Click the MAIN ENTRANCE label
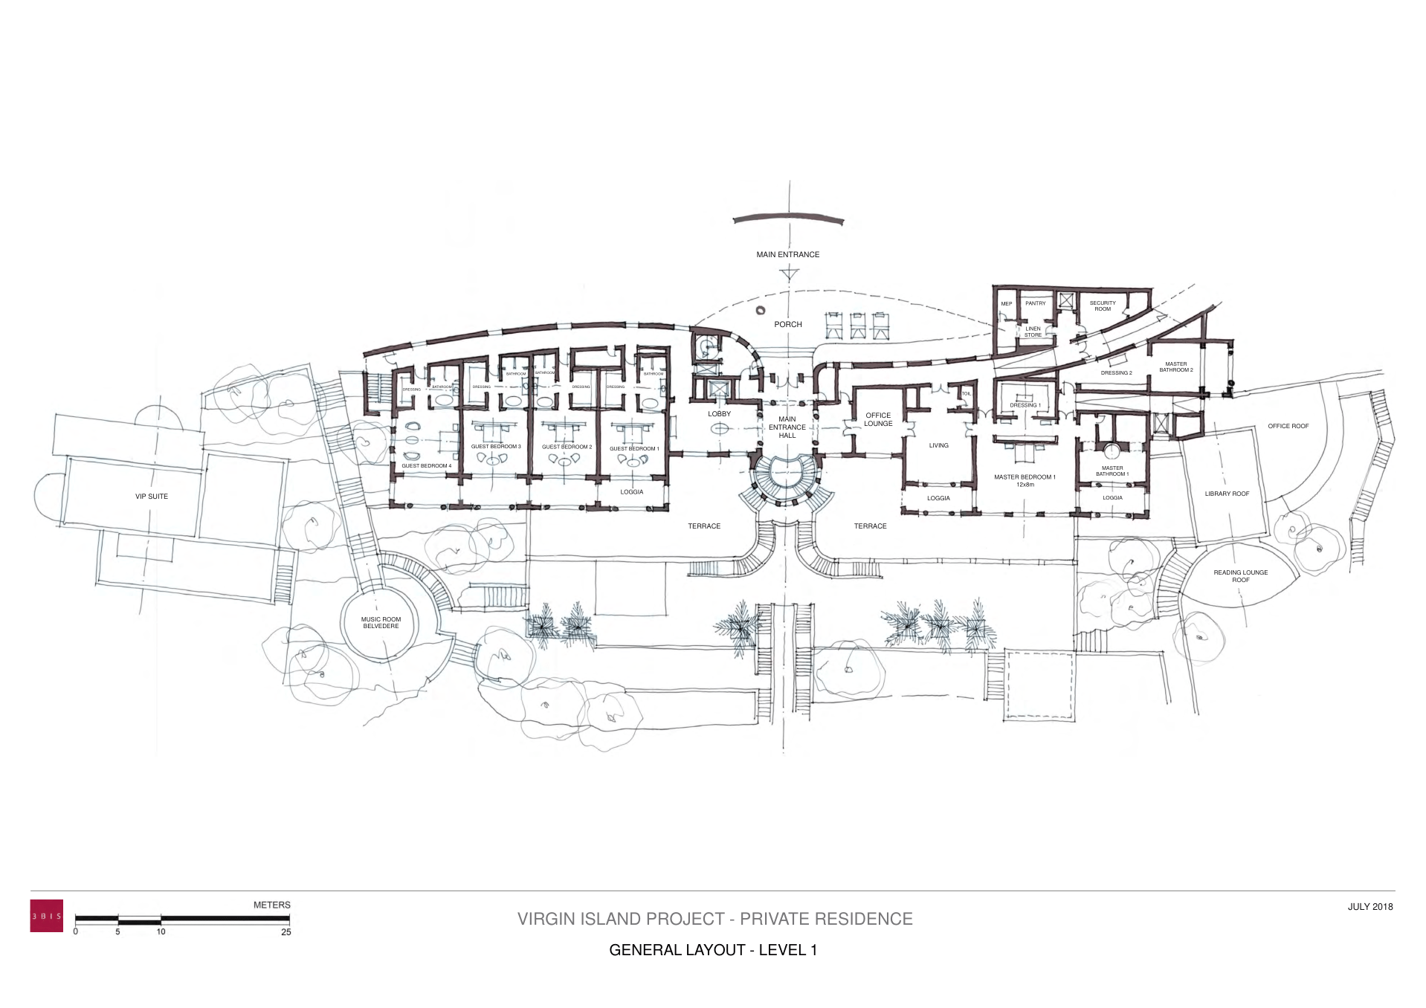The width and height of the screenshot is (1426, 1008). [x=787, y=254]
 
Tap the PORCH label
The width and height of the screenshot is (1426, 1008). [x=787, y=324]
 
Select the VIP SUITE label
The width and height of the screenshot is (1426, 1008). [x=152, y=496]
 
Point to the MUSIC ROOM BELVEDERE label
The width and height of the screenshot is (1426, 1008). [x=381, y=622]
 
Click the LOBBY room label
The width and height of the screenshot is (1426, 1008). [x=719, y=413]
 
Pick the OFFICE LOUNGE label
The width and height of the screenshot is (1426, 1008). [x=878, y=419]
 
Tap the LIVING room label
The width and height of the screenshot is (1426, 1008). [x=938, y=445]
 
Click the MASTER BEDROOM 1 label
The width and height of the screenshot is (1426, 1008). [x=1025, y=480]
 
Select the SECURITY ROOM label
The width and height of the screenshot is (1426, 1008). [x=1103, y=306]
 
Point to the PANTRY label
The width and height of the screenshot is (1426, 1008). [x=1035, y=303]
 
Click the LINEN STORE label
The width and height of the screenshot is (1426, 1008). [x=1033, y=332]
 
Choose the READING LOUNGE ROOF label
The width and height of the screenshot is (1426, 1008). [x=1240, y=575]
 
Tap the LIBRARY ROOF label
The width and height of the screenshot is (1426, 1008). [x=1227, y=494]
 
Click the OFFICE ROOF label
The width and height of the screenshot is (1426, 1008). [x=1288, y=426]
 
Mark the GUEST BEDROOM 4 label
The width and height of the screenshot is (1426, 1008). [x=426, y=465]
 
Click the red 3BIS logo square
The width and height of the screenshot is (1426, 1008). [x=46, y=916]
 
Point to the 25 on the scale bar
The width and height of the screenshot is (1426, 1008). [x=286, y=932]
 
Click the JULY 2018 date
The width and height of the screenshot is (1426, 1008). [x=1369, y=906]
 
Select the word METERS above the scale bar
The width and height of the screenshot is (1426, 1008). [x=271, y=905]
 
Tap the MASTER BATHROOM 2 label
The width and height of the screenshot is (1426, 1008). [x=1175, y=366]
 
